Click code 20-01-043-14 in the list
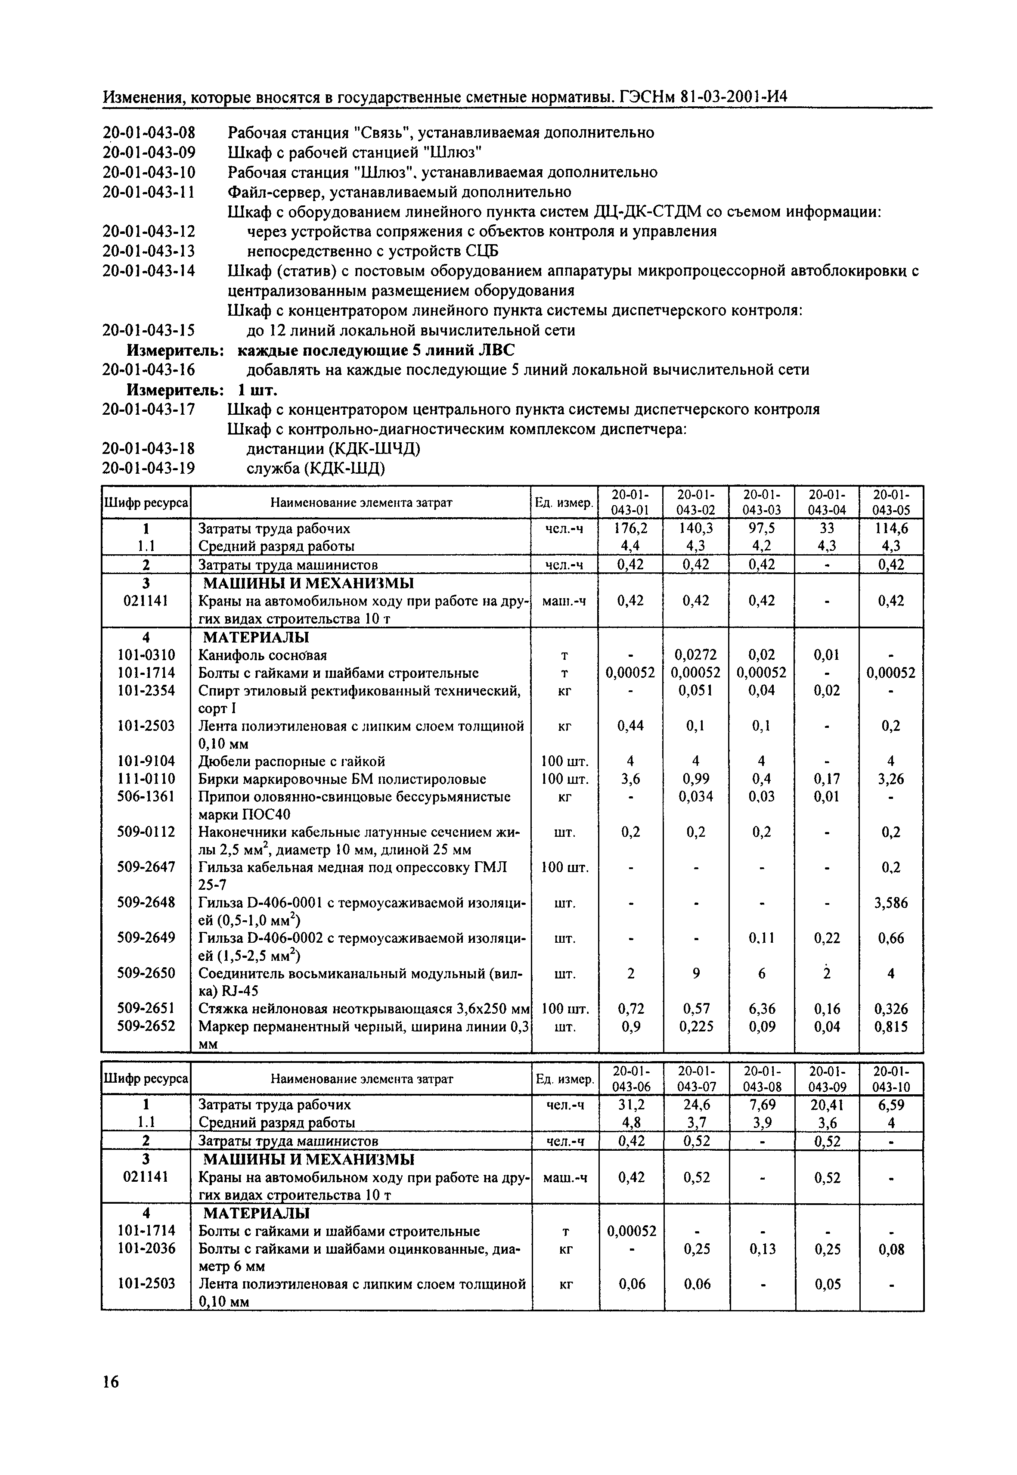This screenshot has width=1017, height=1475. [149, 271]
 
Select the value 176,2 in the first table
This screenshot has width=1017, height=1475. [630, 528]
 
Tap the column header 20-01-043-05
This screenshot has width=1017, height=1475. [891, 502]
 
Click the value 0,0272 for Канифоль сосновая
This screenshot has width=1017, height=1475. [696, 655]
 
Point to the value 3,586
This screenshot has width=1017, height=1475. [891, 903]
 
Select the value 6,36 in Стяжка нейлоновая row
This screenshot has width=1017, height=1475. [762, 1009]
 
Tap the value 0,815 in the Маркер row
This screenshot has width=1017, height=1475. [891, 1026]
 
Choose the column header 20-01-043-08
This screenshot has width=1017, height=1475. [762, 1078]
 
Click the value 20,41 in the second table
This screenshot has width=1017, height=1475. [826, 1105]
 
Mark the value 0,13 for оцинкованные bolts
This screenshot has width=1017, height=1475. [762, 1249]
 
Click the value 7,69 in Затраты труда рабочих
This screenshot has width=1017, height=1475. [762, 1105]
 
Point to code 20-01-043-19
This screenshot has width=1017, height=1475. [149, 469]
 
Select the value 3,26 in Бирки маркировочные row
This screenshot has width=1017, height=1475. [891, 779]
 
